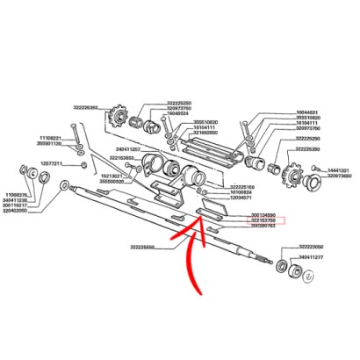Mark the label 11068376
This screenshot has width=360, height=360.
pyautogui.click(x=19, y=195)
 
